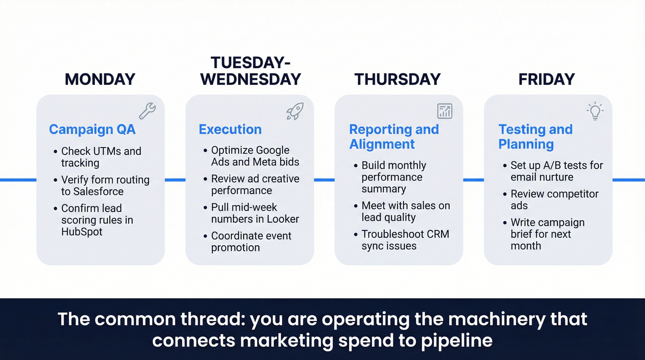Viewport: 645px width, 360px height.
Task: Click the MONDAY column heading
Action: click(x=100, y=79)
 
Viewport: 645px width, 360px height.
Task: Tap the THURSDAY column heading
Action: click(x=397, y=79)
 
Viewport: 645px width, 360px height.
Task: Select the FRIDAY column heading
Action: click(x=546, y=79)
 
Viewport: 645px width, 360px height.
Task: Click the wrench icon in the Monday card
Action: click(x=147, y=111)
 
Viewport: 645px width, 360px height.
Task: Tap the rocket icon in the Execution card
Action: click(x=295, y=111)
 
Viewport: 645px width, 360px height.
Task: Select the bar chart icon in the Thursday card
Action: click(x=445, y=111)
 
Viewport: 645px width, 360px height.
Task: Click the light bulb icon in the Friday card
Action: click(x=595, y=111)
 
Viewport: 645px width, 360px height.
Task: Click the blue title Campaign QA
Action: click(x=92, y=130)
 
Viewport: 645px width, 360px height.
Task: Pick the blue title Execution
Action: click(x=230, y=130)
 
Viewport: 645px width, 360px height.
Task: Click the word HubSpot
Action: click(x=82, y=232)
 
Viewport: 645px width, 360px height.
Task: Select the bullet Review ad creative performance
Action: click(x=255, y=184)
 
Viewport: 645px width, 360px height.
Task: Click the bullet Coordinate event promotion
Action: click(x=251, y=242)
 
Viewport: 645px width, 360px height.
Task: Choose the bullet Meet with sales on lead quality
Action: click(x=405, y=212)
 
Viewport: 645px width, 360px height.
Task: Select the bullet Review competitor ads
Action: click(x=554, y=200)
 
